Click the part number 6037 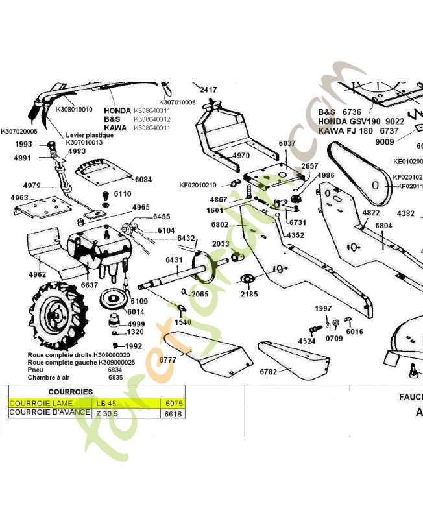pyautogui.click(x=287, y=143)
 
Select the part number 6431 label pyautogui.click(x=174, y=259)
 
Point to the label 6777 pyautogui.click(x=168, y=359)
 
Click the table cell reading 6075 pyautogui.click(x=174, y=404)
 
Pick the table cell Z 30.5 pyautogui.click(x=107, y=413)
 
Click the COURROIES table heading pyautogui.click(x=69, y=392)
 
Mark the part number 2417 pyautogui.click(x=208, y=90)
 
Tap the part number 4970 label pyautogui.click(x=240, y=156)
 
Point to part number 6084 pyautogui.click(x=143, y=179)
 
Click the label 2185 pyautogui.click(x=248, y=294)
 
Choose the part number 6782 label pyautogui.click(x=268, y=372)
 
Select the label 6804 pyautogui.click(x=383, y=225)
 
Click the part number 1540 pyautogui.click(x=183, y=322)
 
